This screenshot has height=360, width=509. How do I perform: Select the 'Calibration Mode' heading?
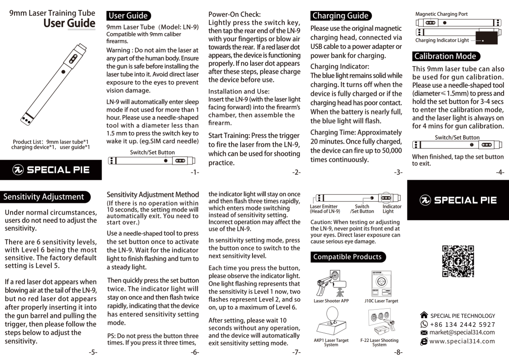pos(445,57)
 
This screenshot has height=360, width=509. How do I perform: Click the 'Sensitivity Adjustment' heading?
pos(44,197)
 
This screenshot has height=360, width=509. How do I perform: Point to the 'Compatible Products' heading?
pos(347,257)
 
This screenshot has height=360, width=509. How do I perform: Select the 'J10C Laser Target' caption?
pos(381,301)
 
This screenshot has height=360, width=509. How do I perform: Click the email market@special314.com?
pos(462,332)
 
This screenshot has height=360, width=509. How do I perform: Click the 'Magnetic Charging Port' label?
pos(441,14)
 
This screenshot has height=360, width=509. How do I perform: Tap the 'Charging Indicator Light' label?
pos(442,40)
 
